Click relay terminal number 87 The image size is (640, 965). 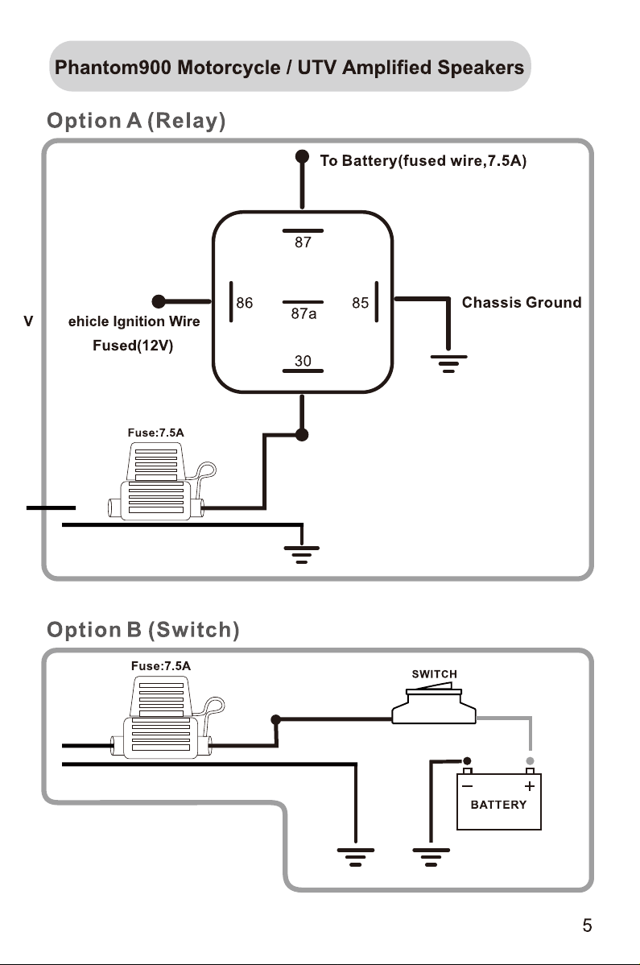pyautogui.click(x=303, y=242)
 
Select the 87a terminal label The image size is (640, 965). pyautogui.click(x=303, y=314)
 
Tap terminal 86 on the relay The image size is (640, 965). pyautogui.click(x=245, y=303)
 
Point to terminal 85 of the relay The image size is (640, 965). pyautogui.click(x=361, y=303)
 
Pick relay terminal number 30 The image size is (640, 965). pyautogui.click(x=303, y=361)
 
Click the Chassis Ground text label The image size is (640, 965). pyautogui.click(x=522, y=302)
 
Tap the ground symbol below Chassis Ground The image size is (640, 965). pyautogui.click(x=448, y=364)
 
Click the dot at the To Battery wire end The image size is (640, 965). pyautogui.click(x=302, y=156)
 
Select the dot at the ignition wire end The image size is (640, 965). pyautogui.click(x=159, y=301)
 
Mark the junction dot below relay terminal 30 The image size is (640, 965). pyautogui.click(x=302, y=434)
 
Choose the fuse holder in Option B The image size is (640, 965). pyautogui.click(x=167, y=717)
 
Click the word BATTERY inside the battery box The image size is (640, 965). pyautogui.click(x=498, y=805)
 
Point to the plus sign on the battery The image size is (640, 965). pyautogui.click(x=530, y=786)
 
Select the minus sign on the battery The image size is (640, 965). pyautogui.click(x=467, y=786)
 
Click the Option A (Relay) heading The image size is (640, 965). pyautogui.click(x=137, y=121)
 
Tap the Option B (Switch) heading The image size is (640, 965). pyautogui.click(x=143, y=630)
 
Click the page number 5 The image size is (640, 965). pyautogui.click(x=587, y=926)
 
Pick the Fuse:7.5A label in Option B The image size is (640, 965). pyautogui.click(x=161, y=666)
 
